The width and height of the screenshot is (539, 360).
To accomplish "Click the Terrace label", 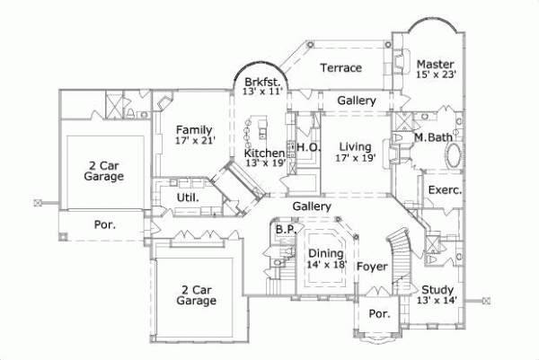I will coord(341,68).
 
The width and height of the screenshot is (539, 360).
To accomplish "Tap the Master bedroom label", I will coord(436,63).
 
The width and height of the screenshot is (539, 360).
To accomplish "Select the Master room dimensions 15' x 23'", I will coord(437,75).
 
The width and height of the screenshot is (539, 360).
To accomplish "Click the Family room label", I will coord(194,129).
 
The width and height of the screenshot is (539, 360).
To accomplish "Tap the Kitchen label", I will coord(265,154).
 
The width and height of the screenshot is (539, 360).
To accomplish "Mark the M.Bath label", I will coord(435,138).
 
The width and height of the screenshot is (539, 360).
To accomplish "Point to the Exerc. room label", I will coord(445,190).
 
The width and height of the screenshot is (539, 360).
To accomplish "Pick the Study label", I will coord(437,289).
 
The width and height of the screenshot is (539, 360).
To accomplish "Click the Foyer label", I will coord(372,267).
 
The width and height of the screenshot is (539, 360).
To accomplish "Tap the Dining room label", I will coord(326,253).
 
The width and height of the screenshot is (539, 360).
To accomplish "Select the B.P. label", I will coord(286,230).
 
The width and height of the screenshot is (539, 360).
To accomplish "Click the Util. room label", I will coord(186,198).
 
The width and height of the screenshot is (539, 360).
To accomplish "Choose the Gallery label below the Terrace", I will coord(357,101).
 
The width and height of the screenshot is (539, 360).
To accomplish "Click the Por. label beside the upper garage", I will coord(105,224).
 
